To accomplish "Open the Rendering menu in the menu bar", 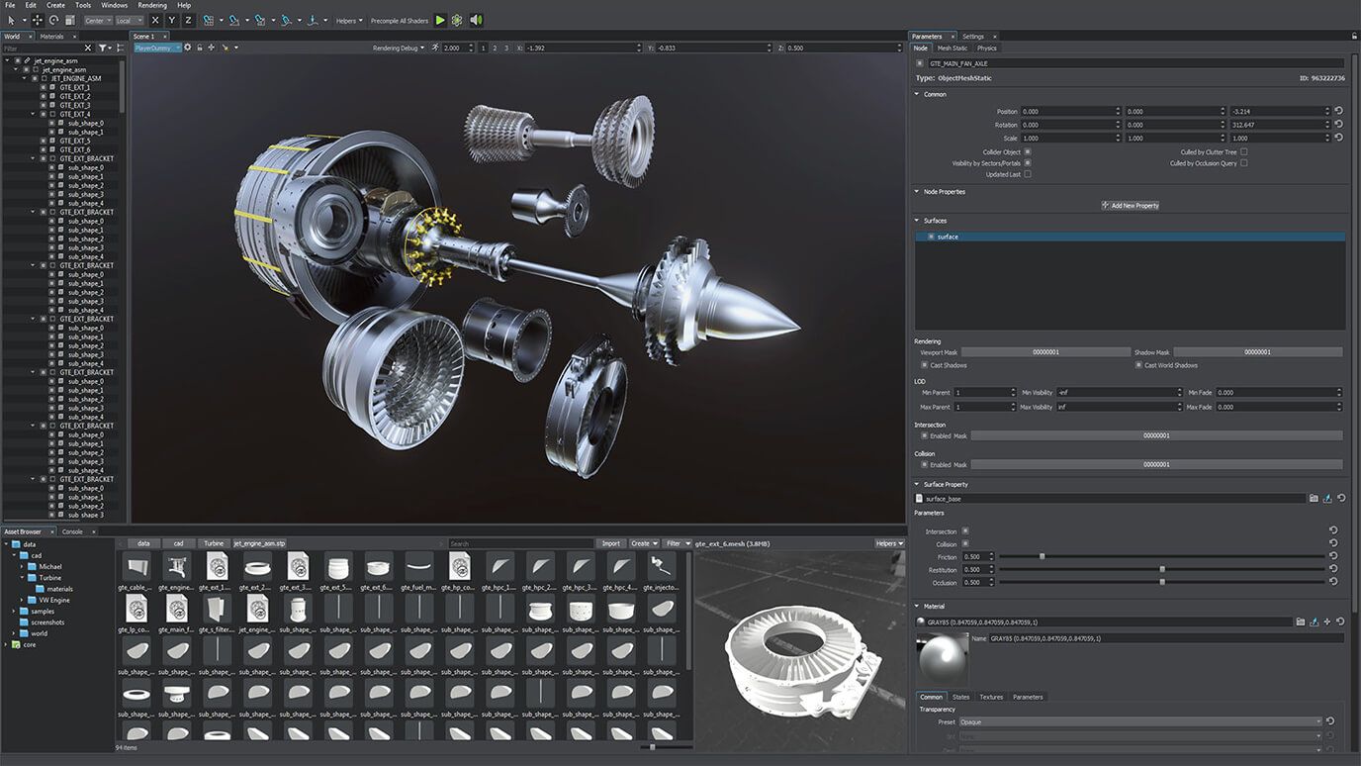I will coord(152,5).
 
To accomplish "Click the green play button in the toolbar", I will coord(440,20).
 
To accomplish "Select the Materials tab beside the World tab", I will coord(51,37).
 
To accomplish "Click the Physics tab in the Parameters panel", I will coord(987,48).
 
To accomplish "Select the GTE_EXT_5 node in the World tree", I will coord(74,141).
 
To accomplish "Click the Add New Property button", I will coord(1130,206).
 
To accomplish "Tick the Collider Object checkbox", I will coord(1028,151).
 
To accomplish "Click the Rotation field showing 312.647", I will coord(1276,125).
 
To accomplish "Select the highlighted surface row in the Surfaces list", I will coord(1128,237).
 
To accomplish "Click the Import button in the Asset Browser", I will coord(610,543).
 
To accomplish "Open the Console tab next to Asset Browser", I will coord(72,531).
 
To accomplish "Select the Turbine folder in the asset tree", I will coord(49,578).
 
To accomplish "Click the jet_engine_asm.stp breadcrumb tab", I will coord(259,543).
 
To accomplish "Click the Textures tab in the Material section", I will coord(990,697).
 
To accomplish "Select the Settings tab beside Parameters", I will coord(973,37).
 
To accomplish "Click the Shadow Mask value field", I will coord(1257,352).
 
